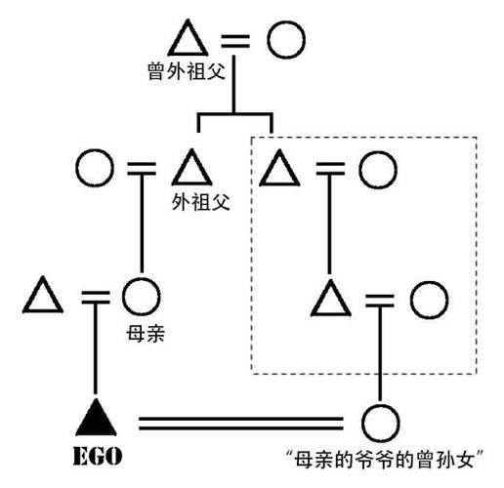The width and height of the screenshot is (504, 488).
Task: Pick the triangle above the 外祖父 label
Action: click(x=191, y=169)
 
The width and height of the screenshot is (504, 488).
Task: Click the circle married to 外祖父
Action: click(x=94, y=170)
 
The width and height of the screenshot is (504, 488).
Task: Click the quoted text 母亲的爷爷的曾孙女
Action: click(x=388, y=457)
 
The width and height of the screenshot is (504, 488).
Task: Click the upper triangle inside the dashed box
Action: click(x=280, y=170)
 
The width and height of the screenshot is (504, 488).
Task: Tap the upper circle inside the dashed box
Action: click(x=376, y=170)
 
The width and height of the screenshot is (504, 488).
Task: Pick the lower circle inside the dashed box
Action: click(x=428, y=299)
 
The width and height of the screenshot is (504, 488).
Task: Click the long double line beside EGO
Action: click(x=240, y=423)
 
